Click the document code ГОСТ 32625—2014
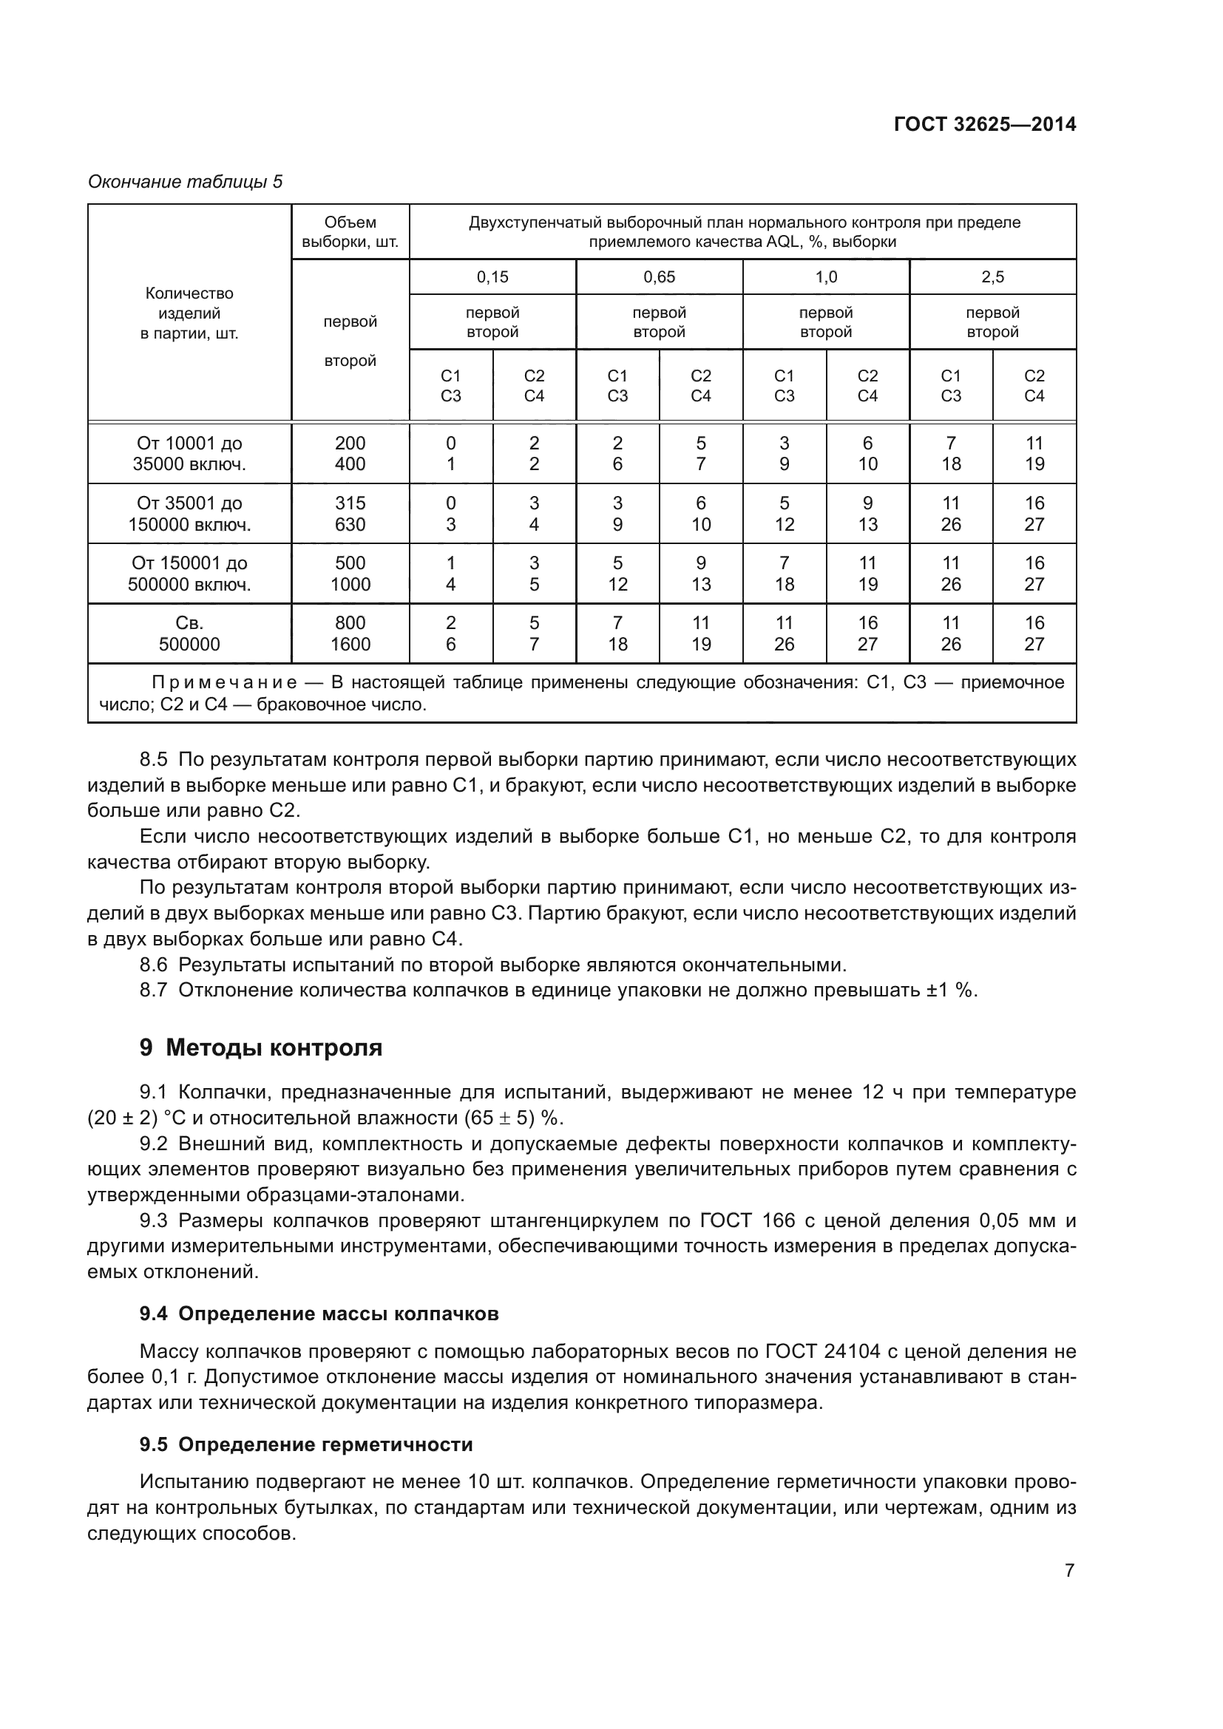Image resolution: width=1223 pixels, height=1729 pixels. pyautogui.click(x=984, y=125)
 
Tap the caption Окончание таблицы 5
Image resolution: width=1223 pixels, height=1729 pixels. pyautogui.click(x=186, y=183)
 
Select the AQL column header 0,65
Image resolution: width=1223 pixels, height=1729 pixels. pyautogui.click(x=659, y=277)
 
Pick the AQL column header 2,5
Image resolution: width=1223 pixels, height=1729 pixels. pyautogui.click(x=992, y=277)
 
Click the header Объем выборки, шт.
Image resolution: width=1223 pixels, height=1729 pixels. pyautogui.click(x=350, y=232)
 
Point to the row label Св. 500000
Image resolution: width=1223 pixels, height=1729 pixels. pyautogui.click(x=189, y=633)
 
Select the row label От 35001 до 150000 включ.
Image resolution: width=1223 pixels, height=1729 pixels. pyautogui.click(x=189, y=514)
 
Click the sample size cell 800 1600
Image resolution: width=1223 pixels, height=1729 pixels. pyautogui.click(x=350, y=633)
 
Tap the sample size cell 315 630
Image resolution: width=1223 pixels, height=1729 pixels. pyautogui.click(x=350, y=514)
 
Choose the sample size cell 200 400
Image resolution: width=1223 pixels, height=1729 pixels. pyautogui.click(x=350, y=453)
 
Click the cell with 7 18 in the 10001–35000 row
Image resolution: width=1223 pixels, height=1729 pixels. pyautogui.click(x=951, y=453)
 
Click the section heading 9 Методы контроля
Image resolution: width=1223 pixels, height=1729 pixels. pyautogui.click(x=260, y=1047)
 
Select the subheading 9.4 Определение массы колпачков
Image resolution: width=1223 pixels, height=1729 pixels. pyautogui.click(x=319, y=1314)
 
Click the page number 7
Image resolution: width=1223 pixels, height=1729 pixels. pyautogui.click(x=1069, y=1571)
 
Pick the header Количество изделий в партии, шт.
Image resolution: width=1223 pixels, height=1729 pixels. pyautogui.click(x=189, y=313)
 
